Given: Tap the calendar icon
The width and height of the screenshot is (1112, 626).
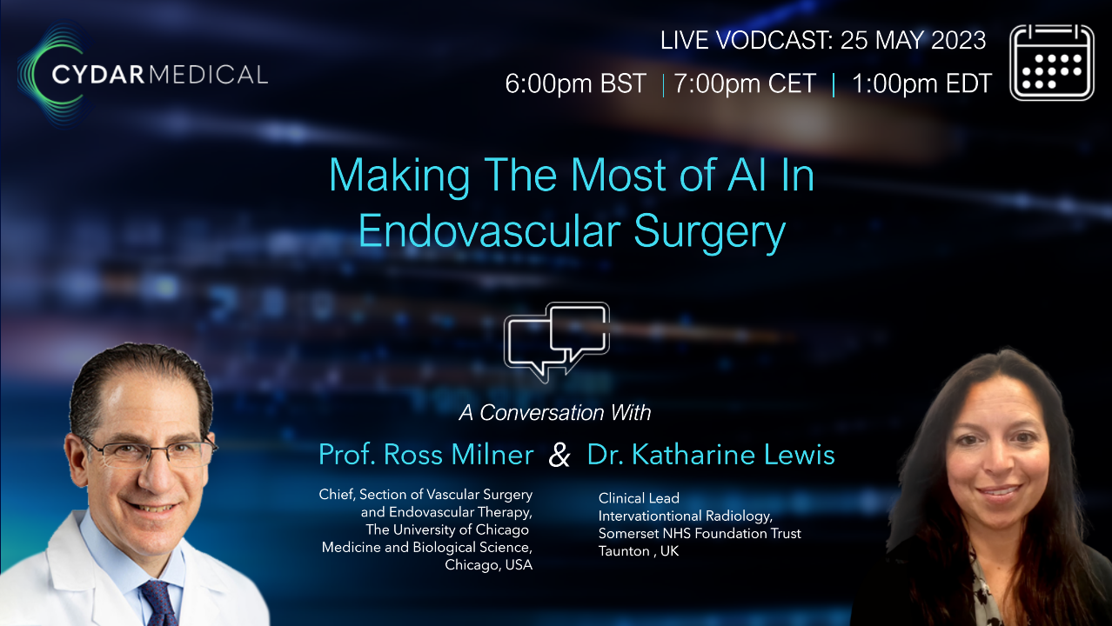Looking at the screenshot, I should click(x=1051, y=62).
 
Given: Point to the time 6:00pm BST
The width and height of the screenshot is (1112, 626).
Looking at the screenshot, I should click(x=575, y=83).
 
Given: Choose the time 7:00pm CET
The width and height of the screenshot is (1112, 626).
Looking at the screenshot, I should click(x=746, y=83).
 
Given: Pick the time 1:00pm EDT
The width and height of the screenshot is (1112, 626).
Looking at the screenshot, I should click(x=921, y=83).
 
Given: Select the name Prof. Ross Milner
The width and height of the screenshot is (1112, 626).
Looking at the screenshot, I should click(x=425, y=454).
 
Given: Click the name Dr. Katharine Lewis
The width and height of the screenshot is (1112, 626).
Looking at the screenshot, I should click(x=711, y=454).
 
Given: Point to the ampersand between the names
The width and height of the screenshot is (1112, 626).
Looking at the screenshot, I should click(x=559, y=456).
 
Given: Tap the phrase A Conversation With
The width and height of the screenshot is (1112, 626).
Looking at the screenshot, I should click(x=555, y=412).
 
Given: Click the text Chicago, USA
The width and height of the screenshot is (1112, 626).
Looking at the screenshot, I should click(x=488, y=565).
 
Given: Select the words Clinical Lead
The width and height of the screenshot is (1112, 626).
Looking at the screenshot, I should click(x=639, y=498).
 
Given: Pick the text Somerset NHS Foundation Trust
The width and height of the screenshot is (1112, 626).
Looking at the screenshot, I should click(x=700, y=533).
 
